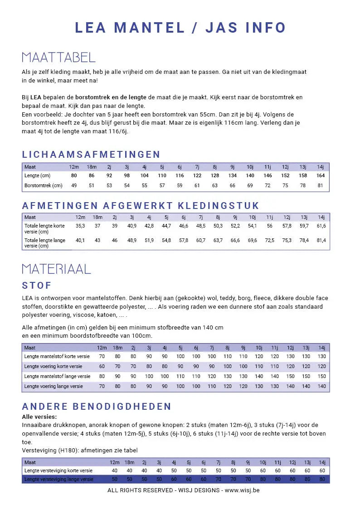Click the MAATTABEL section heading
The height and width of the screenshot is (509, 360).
point(58,58)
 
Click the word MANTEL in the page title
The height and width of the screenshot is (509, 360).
point(150,28)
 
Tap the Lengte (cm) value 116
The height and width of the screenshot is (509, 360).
point(180,175)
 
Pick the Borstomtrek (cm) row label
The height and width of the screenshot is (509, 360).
point(44,185)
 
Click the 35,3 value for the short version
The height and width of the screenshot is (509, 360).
point(80,226)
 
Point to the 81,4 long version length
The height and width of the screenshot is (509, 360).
point(321,240)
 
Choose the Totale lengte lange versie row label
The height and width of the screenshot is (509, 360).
point(44,243)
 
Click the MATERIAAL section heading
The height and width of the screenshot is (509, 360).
point(56,269)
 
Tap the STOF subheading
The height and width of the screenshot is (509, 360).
point(37,286)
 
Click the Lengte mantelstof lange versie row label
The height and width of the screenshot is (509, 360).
point(58,376)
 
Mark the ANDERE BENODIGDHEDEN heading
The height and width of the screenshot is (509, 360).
point(97,407)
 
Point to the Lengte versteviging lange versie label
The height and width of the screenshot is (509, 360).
point(58,479)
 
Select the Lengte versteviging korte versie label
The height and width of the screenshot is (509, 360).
point(58,471)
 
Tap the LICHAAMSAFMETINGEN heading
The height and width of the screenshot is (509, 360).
point(91,155)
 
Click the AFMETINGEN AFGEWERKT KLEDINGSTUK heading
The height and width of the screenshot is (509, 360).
point(141,206)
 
